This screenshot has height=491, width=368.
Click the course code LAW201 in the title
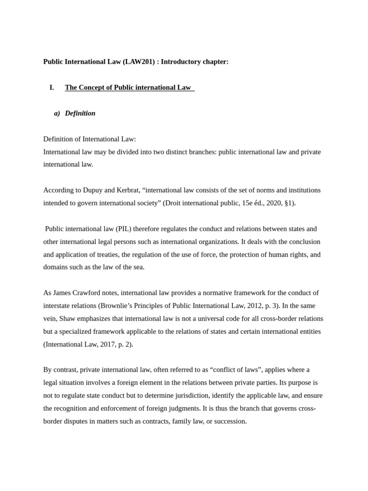(x=139, y=62)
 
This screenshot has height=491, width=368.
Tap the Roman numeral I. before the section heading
(x=52, y=88)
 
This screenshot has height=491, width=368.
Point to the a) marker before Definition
(x=57, y=114)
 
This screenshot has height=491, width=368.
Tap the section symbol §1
(x=288, y=203)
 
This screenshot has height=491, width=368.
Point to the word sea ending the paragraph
(x=138, y=268)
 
